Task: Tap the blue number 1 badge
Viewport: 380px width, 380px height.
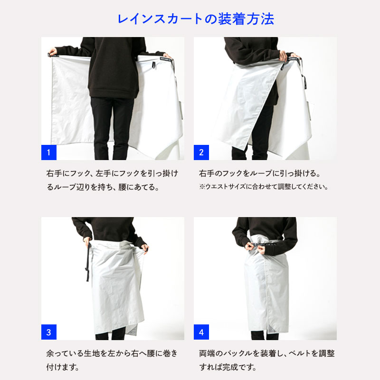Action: pos(48,152)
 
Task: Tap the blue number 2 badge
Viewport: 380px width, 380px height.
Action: pos(201,152)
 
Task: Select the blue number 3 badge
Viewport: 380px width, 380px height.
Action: pos(48,332)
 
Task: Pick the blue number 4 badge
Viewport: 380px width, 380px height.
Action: pos(201,332)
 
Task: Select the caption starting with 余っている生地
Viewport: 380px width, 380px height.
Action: pos(112,360)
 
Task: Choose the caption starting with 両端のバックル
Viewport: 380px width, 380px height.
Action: pos(264,360)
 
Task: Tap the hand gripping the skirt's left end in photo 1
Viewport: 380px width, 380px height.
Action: pos(52,51)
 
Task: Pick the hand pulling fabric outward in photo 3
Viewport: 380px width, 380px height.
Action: pos(145,247)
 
